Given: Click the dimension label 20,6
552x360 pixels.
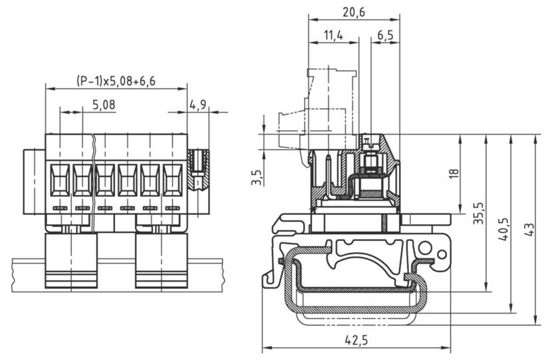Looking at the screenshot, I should point(353,11).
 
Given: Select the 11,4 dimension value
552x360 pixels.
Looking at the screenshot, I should point(333,35).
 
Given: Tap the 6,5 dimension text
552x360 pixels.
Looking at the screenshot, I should point(385,35).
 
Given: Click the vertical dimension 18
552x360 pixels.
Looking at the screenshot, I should point(454,174).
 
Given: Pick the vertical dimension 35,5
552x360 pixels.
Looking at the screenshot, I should point(478,214).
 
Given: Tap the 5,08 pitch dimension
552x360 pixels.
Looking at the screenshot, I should point(104,104).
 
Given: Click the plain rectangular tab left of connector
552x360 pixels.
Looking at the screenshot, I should point(34,182).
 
